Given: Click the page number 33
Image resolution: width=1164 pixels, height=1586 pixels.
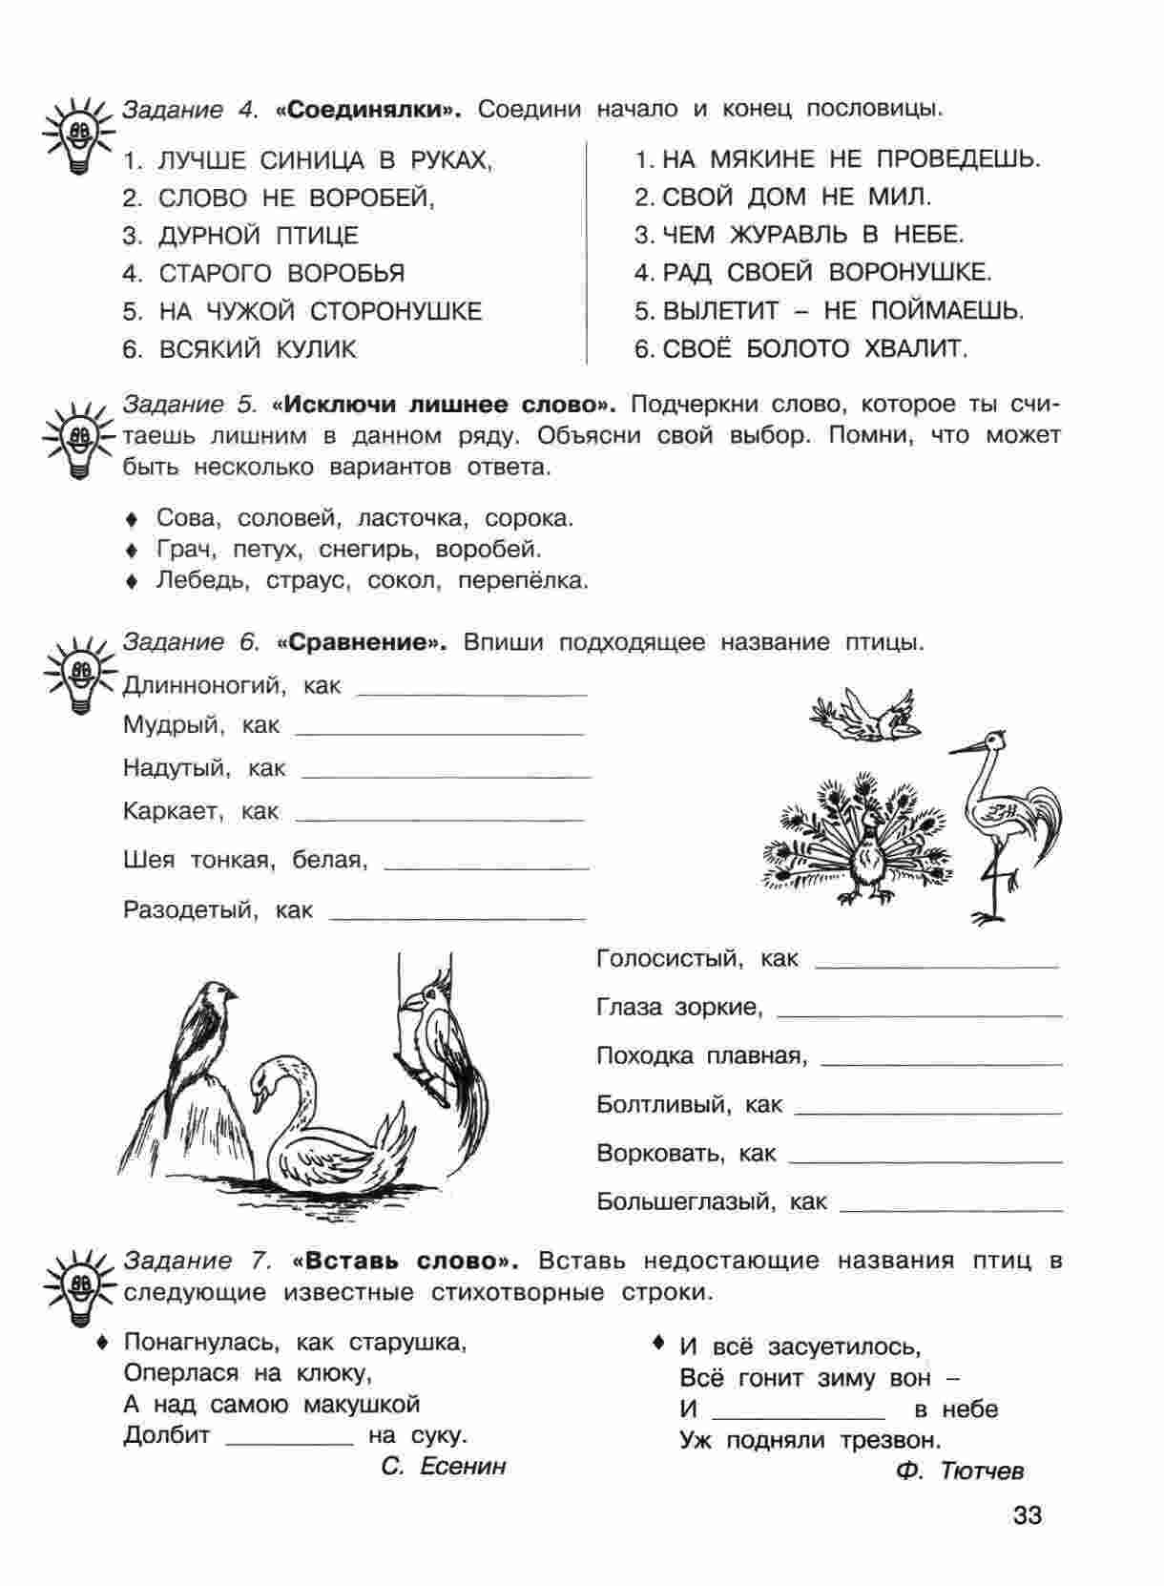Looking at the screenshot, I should tap(1028, 1514).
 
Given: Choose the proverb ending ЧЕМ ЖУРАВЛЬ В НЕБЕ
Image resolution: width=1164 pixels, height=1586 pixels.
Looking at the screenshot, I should tap(800, 235).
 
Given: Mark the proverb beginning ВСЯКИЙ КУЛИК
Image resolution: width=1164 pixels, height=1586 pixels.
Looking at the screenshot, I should tap(239, 350).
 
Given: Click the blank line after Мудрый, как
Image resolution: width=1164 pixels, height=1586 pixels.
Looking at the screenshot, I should tap(440, 733).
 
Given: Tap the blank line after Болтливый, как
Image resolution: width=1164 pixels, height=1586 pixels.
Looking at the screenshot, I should tap(927, 1112).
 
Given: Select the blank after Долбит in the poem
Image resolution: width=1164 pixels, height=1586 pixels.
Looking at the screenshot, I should tap(289, 1443).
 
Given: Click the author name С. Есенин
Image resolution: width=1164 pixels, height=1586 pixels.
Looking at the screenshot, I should tap(443, 1466).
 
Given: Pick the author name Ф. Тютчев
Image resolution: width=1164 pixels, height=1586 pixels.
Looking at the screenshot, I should tap(960, 1471).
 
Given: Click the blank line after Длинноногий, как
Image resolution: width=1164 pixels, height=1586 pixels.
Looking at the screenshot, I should tap(471, 693).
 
